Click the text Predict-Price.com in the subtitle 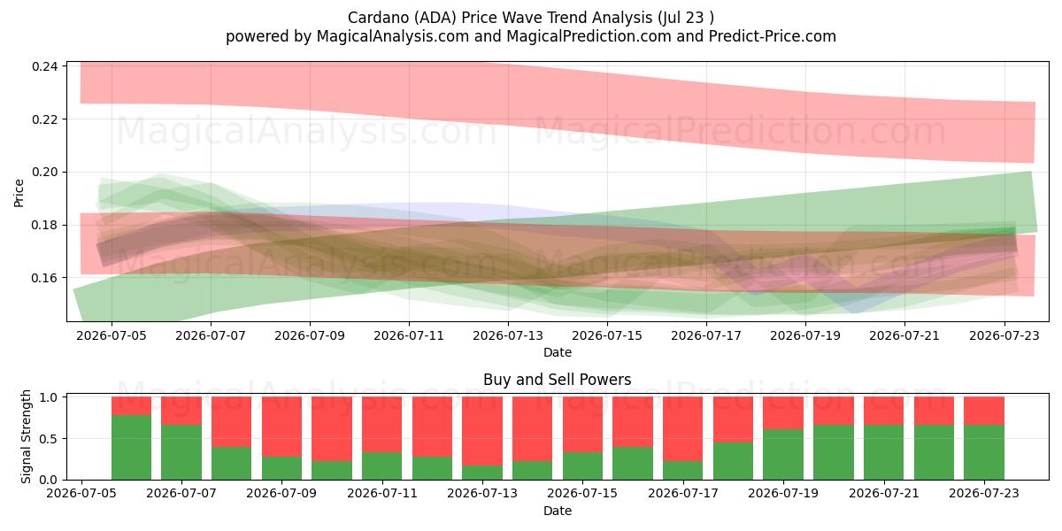773,36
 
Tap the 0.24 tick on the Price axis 44,66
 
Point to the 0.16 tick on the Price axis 44,278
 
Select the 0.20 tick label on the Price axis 44,172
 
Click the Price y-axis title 19,193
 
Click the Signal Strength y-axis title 26,436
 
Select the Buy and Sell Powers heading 557,380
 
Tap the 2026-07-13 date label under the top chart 508,335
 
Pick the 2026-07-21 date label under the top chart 904,335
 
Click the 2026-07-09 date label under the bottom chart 281,493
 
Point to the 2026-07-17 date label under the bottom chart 682,493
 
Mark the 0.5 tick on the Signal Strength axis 48,439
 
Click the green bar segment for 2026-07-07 181,452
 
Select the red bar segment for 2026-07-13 482,431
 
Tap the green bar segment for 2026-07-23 984,452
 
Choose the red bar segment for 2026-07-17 682,428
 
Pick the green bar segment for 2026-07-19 783,455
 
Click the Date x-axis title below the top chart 557,352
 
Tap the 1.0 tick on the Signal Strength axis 48,397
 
